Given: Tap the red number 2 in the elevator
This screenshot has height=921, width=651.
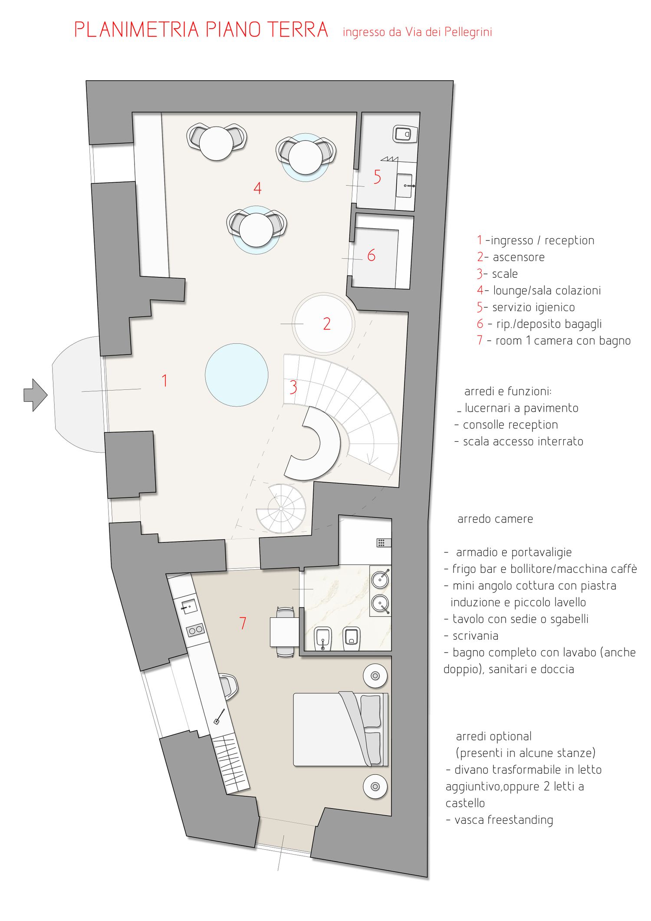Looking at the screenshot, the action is (327, 324).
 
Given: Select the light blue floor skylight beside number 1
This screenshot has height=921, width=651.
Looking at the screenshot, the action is (237, 375).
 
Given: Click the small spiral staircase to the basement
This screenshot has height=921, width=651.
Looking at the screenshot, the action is (281, 509).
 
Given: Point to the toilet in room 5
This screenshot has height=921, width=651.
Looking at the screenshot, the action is (405, 134).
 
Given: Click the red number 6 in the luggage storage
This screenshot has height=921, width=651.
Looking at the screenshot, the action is (371, 255).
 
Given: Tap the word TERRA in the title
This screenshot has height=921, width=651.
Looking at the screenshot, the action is (298, 30).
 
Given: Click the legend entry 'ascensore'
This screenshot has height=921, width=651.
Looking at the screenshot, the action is (519, 257).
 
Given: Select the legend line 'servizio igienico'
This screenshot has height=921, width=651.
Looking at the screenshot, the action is (526, 307).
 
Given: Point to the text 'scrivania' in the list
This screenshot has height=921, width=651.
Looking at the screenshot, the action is (475, 636).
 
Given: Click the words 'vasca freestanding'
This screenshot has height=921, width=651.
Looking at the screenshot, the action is (504, 820).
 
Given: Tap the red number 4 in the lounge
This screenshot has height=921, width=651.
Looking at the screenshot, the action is (257, 188).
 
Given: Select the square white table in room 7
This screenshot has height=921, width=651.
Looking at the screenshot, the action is (285, 632).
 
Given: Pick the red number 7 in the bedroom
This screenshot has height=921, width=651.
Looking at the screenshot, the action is (243, 623).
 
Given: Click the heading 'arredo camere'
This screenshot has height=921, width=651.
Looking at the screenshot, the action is (495, 519).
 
